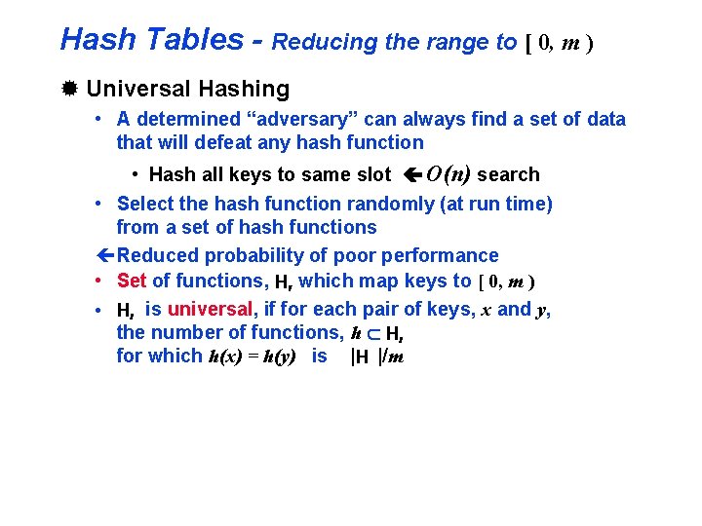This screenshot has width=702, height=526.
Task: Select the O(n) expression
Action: [x=448, y=174]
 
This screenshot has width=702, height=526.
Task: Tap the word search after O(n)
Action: [x=509, y=175]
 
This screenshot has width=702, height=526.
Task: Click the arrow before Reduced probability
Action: [x=105, y=256]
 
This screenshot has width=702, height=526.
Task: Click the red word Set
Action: [x=131, y=282]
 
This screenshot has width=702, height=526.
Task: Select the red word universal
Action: [x=211, y=310]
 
